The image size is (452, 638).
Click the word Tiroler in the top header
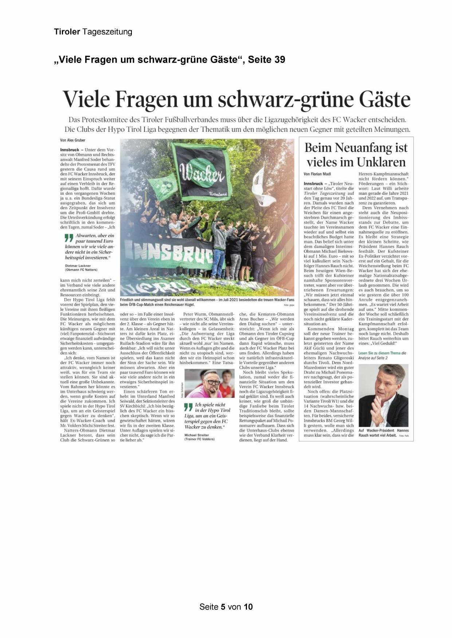click(x=67, y=32)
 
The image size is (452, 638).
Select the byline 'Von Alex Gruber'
click(x=73, y=140)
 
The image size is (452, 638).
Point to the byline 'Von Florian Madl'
click(x=317, y=174)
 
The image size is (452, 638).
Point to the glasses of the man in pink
click(x=212, y=382)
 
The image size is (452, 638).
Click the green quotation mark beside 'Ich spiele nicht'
click(x=188, y=407)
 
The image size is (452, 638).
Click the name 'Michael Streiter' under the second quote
click(x=197, y=435)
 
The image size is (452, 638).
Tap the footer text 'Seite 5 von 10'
click(x=226, y=607)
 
